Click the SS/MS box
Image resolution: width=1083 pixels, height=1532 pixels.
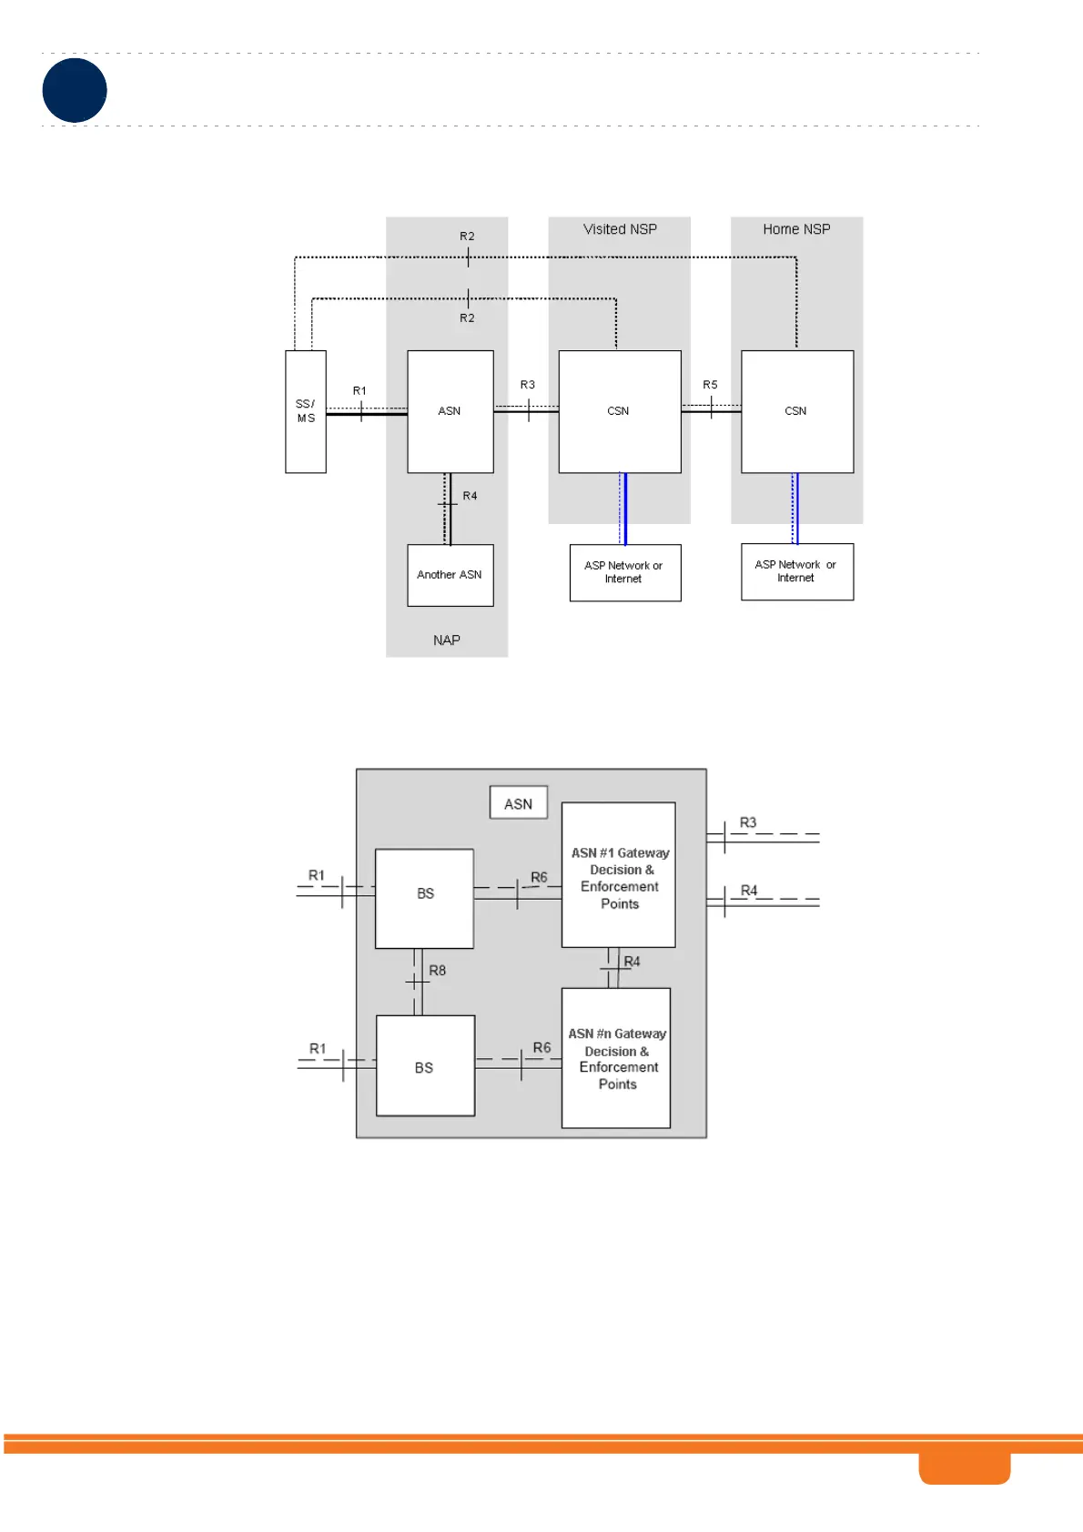(x=306, y=411)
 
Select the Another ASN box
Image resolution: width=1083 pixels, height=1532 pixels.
(x=450, y=575)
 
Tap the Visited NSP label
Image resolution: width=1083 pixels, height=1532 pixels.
(x=620, y=229)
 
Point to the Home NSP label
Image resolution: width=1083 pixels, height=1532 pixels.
(x=796, y=229)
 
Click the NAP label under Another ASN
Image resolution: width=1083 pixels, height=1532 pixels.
(x=447, y=640)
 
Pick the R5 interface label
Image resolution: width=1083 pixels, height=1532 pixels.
(x=710, y=385)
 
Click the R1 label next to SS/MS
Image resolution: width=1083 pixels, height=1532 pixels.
(x=359, y=391)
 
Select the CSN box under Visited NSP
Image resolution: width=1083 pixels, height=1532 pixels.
(x=619, y=411)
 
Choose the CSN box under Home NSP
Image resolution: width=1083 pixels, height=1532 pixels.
(x=796, y=411)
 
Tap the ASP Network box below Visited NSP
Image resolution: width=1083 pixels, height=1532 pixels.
(x=624, y=572)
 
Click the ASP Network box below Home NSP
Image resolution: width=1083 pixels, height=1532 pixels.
(x=796, y=571)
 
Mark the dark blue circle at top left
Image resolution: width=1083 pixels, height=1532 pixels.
(x=75, y=90)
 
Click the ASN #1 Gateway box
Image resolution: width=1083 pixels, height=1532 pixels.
(x=619, y=875)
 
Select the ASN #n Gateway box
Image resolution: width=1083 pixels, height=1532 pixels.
(x=616, y=1058)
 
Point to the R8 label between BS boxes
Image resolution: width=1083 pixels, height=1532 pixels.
(x=438, y=971)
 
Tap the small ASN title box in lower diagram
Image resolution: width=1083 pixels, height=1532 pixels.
(x=519, y=803)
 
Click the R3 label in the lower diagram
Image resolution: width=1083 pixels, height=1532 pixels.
(x=748, y=822)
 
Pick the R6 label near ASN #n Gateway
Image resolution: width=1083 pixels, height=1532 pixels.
(x=541, y=1048)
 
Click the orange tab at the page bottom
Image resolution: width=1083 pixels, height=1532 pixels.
(x=964, y=1467)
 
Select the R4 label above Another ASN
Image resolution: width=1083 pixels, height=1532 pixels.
(x=470, y=496)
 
